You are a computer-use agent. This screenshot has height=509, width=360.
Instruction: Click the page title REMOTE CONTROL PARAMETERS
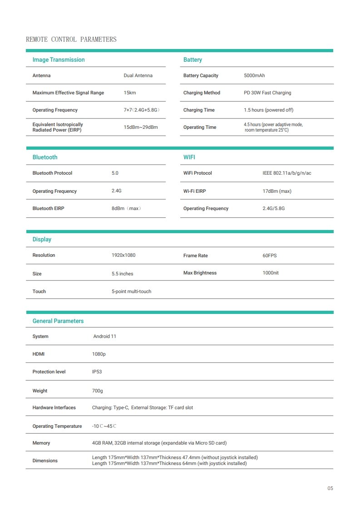tap(71, 39)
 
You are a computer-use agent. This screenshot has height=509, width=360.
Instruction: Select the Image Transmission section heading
tap(59, 60)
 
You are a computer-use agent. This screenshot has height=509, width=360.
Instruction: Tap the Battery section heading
tap(192, 60)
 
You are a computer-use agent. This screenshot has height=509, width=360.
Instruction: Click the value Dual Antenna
tap(138, 76)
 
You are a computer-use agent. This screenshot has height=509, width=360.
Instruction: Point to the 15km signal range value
tap(130, 93)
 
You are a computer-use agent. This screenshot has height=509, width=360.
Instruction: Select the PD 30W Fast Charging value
tap(267, 93)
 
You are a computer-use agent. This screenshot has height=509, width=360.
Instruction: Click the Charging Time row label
tap(199, 110)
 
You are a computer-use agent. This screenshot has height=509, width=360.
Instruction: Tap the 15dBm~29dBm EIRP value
tap(141, 127)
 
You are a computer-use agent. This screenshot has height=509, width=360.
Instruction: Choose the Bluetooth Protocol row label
tap(52, 173)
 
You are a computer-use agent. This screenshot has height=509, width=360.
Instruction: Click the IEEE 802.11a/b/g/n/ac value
tap(287, 173)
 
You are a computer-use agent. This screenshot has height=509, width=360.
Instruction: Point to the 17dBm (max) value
tap(277, 191)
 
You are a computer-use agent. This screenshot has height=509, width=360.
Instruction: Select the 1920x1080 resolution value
tap(123, 255)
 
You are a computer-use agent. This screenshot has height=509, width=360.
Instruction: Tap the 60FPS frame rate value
tap(270, 256)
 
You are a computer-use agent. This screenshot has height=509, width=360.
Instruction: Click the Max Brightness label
tap(200, 273)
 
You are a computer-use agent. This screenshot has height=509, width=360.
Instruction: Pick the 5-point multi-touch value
tap(132, 292)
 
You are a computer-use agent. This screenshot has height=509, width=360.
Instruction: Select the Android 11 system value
tap(105, 337)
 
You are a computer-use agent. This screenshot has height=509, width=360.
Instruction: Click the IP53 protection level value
tap(97, 372)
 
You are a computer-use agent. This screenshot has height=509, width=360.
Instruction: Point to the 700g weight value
tap(98, 391)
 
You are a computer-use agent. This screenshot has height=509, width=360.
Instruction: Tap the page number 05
tap(330, 489)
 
